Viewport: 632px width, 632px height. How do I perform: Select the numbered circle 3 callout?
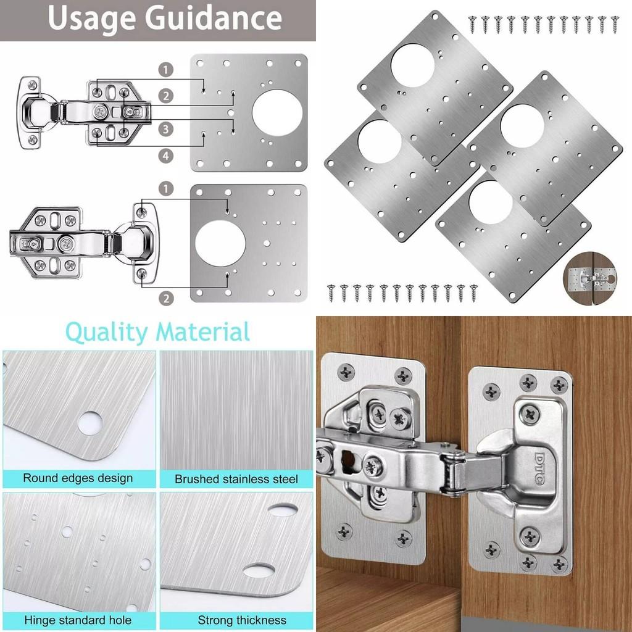(165, 129)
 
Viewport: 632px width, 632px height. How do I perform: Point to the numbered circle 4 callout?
(165, 156)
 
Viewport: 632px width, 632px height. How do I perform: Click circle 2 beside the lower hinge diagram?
(165, 299)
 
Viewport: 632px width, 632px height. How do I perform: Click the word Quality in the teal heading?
(107, 332)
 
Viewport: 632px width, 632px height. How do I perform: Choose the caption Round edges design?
(78, 478)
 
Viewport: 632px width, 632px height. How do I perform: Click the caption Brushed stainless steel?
(236, 479)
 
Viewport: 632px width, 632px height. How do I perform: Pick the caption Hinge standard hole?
(78, 620)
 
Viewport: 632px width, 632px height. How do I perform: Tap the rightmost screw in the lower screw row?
(473, 291)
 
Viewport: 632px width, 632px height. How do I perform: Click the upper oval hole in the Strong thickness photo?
(283, 510)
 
